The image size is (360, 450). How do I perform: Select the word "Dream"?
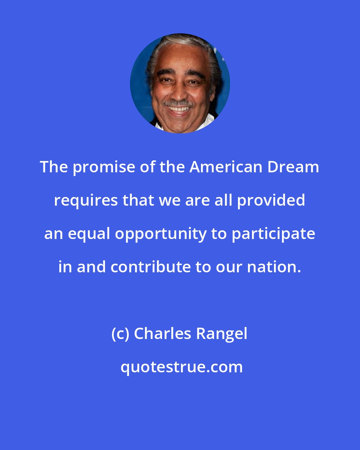coord(293,167)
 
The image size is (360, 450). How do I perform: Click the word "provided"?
coord(271,201)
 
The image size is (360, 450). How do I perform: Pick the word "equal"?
coord(89,234)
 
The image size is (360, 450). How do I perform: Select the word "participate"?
coord(273,234)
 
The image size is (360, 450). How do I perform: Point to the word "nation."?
coord(274,267)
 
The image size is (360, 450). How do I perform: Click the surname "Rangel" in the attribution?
coord(222,334)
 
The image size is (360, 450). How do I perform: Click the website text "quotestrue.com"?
coord(181,367)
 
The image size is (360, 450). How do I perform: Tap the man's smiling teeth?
coord(179,109)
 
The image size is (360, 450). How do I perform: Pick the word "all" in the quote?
coord(225,200)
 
